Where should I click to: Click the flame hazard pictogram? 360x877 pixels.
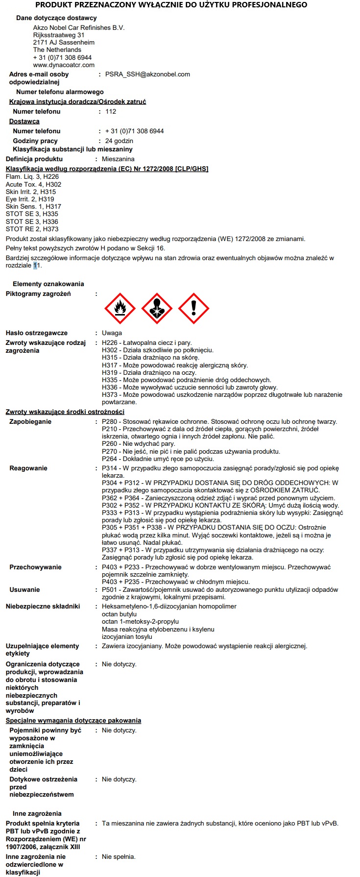120,309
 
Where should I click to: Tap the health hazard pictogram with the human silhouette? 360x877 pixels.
157,309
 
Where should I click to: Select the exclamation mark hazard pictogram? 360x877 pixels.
193,309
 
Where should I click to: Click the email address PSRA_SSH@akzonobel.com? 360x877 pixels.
147,74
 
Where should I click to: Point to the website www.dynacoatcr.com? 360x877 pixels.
64,65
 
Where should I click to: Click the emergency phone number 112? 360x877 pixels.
111,112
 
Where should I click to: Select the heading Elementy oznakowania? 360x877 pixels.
48,284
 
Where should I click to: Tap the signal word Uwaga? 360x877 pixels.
112,333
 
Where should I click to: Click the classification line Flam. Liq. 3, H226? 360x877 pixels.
32,177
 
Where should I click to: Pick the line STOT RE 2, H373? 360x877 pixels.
32,229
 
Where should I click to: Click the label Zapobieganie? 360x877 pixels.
30,422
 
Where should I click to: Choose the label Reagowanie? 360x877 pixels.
28,468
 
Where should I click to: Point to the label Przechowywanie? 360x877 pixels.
35,567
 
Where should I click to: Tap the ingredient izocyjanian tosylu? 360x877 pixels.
127,637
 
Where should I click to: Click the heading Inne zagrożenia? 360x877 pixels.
37,813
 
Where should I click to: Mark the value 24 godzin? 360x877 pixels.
119,141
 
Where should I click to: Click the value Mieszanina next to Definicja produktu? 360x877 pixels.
118,159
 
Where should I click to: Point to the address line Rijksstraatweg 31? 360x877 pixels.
58,35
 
